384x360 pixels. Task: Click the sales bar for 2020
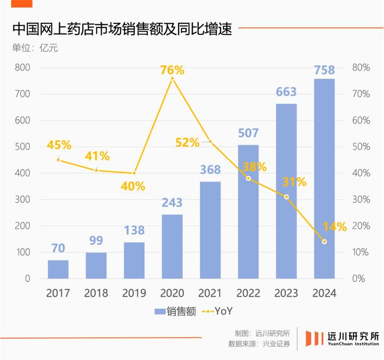click(172, 246)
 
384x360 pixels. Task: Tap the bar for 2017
click(58, 269)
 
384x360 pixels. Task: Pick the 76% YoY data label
click(172, 70)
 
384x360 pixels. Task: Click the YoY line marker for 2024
click(324, 242)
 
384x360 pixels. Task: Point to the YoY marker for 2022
click(248, 178)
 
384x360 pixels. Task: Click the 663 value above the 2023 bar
click(286, 92)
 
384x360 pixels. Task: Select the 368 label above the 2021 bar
click(210, 170)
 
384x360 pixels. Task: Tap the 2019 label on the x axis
click(134, 293)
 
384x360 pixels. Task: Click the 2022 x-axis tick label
click(248, 293)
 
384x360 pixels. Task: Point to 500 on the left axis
click(23, 147)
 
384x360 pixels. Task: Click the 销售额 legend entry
click(175, 312)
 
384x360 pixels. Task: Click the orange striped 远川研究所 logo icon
click(314, 339)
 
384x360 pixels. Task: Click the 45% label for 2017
click(59, 144)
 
